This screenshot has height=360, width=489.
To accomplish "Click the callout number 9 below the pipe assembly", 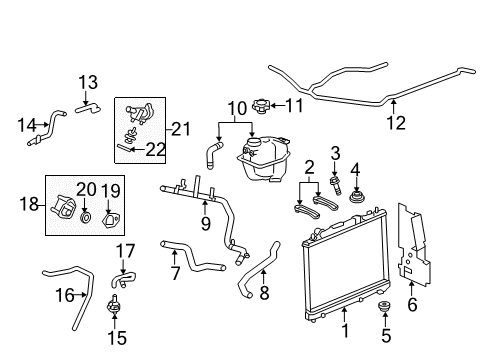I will (205, 224).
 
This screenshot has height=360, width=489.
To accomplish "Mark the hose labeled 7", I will (190, 257).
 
